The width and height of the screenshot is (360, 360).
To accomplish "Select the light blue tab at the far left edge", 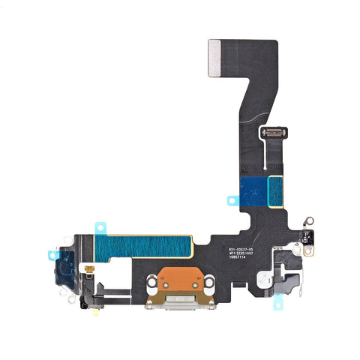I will point(52,255).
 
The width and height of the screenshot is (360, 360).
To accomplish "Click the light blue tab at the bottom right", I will point(279,301).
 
